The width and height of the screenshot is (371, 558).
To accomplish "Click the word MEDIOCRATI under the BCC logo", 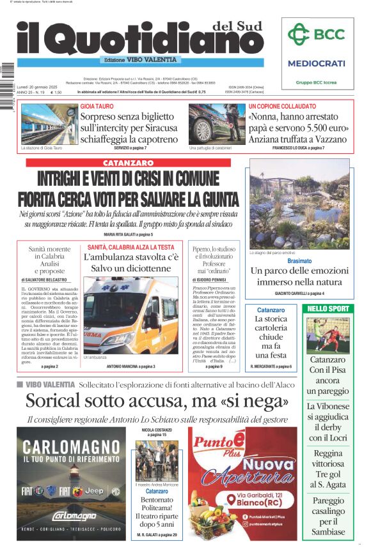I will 316,63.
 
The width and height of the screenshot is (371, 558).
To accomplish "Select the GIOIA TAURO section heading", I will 97,106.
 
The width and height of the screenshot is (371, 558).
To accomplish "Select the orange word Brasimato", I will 299,261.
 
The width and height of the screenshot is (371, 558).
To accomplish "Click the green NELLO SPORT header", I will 329,308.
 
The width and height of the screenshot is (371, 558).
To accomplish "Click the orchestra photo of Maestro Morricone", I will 157,461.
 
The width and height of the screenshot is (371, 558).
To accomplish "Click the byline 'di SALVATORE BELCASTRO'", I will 49,280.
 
